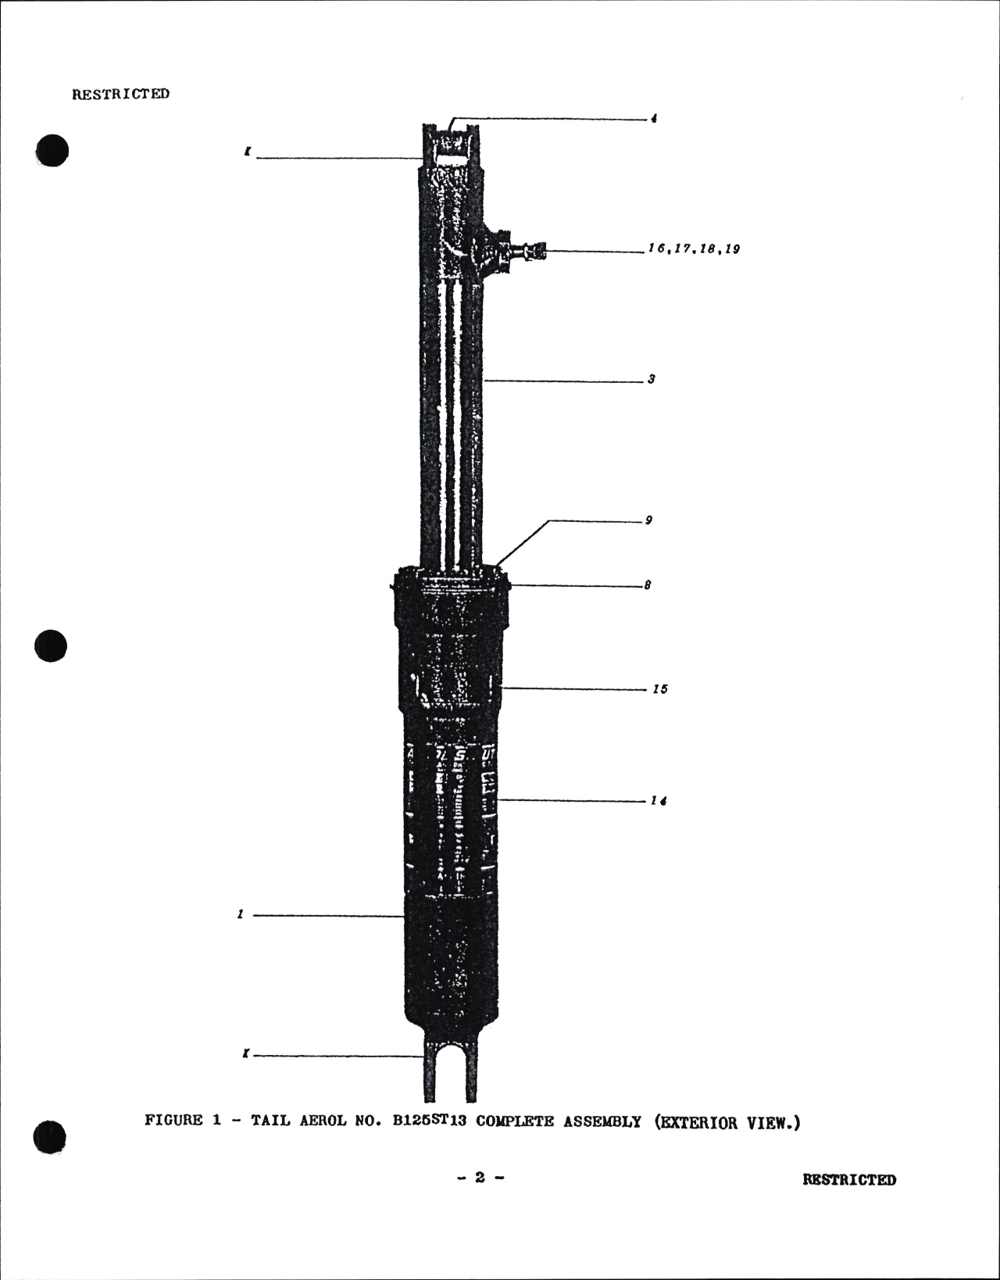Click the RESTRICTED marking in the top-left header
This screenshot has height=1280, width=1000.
pos(120,94)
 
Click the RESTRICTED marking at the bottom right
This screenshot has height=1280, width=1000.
pos(849,1179)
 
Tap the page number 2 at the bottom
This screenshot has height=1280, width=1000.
pos(480,1178)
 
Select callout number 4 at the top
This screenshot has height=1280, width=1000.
pos(653,119)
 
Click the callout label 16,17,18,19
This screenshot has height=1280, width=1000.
pos(694,249)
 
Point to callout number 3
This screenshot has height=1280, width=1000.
pos(651,380)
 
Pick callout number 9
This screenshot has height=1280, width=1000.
pos(648,520)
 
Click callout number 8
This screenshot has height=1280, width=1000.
pos(648,585)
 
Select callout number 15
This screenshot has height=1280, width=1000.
pos(660,689)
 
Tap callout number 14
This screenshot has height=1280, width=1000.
pos(659,801)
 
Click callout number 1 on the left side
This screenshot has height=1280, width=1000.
pos(241,914)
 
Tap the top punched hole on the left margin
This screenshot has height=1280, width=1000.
pos(52,150)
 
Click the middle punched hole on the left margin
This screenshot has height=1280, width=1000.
pos(52,645)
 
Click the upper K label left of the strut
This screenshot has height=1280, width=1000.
pos(247,153)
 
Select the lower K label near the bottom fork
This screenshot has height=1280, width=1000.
pos(246,1054)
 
